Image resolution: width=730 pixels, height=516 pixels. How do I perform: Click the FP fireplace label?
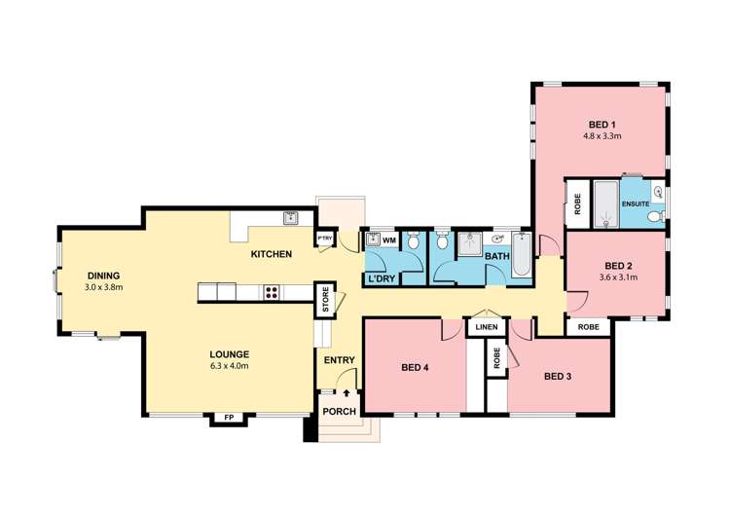click(x=229, y=418)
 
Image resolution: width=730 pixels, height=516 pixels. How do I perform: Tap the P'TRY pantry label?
click(x=325, y=239)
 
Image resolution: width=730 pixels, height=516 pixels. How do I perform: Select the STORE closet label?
click(x=325, y=300)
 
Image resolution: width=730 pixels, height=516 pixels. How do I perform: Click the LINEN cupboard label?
click(x=487, y=327)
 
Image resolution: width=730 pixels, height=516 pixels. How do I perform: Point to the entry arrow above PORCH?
click(x=347, y=393)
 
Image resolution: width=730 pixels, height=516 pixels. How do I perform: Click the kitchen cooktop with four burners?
click(x=272, y=292)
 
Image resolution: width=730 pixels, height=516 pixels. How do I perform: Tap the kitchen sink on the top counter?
click(x=291, y=218)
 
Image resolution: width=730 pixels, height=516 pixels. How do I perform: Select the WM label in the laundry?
click(x=389, y=240)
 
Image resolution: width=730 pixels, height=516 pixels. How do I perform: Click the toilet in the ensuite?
click(x=657, y=216)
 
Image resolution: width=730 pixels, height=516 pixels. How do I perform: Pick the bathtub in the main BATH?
click(x=521, y=254)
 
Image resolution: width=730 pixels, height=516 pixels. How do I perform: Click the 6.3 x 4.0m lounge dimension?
click(x=229, y=366)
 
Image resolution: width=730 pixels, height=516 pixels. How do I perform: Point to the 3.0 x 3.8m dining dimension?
click(x=104, y=287)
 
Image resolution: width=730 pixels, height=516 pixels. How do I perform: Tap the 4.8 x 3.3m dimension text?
click(x=602, y=136)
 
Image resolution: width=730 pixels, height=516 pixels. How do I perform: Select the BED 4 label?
click(x=415, y=368)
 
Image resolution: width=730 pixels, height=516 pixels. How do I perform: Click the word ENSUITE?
click(x=636, y=204)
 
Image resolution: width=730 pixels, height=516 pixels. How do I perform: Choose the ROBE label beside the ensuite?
click(x=578, y=204)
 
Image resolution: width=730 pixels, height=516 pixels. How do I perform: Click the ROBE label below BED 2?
click(x=589, y=327)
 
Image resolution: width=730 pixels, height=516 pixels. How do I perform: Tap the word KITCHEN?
click(x=272, y=254)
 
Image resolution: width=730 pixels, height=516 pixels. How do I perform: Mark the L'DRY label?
click(x=382, y=279)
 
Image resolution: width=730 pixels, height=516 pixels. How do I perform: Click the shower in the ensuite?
click(x=606, y=204)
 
